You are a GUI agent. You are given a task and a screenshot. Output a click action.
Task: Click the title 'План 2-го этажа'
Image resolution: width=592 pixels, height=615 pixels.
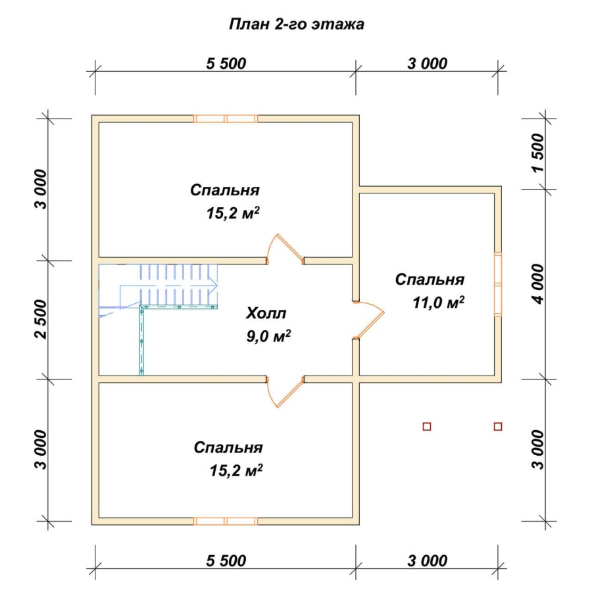pyautogui.click(x=296, y=24)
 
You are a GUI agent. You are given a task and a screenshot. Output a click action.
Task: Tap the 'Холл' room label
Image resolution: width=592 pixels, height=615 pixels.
pyautogui.click(x=266, y=313)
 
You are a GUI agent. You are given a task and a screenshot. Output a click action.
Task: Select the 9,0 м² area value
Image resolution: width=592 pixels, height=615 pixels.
pyautogui.click(x=269, y=336)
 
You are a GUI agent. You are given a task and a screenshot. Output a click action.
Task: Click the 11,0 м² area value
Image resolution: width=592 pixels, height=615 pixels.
pyautogui.click(x=439, y=303)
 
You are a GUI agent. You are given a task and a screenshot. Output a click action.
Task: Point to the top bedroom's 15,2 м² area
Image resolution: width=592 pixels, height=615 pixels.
pyautogui.click(x=233, y=213)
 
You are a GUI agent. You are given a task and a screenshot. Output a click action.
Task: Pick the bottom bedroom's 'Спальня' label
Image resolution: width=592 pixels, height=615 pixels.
pyautogui.click(x=228, y=447)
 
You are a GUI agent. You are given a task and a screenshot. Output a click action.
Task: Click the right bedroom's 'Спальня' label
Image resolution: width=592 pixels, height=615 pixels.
pyautogui.click(x=430, y=280)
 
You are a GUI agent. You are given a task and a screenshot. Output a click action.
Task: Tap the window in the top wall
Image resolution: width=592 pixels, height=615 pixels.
pyautogui.click(x=226, y=118)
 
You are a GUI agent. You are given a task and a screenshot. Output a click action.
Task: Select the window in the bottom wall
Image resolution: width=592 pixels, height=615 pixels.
pyautogui.click(x=226, y=521)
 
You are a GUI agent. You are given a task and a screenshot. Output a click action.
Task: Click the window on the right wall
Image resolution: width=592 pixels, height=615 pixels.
pyautogui.click(x=498, y=284)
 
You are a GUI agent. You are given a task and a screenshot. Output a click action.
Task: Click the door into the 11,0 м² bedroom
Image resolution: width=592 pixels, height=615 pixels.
pyautogui.click(x=368, y=320)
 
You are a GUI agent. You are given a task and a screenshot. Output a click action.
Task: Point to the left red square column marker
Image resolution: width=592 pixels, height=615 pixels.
pyautogui.click(x=427, y=426)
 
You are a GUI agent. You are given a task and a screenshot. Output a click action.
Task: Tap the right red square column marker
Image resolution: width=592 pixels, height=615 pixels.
pyautogui.click(x=498, y=426)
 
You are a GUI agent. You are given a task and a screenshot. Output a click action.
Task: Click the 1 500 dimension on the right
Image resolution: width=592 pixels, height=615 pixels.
pyautogui.click(x=539, y=153)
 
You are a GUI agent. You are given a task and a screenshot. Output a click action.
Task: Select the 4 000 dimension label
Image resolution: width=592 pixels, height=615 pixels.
pyautogui.click(x=539, y=284)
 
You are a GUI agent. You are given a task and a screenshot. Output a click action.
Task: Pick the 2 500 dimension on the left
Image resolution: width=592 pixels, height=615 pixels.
pyautogui.click(x=41, y=319)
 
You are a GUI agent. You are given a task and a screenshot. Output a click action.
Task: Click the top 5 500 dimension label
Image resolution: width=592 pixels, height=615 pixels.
pyautogui.click(x=226, y=64)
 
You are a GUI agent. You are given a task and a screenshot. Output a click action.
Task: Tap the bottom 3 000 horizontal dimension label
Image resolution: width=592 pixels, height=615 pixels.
pyautogui.click(x=428, y=561)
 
